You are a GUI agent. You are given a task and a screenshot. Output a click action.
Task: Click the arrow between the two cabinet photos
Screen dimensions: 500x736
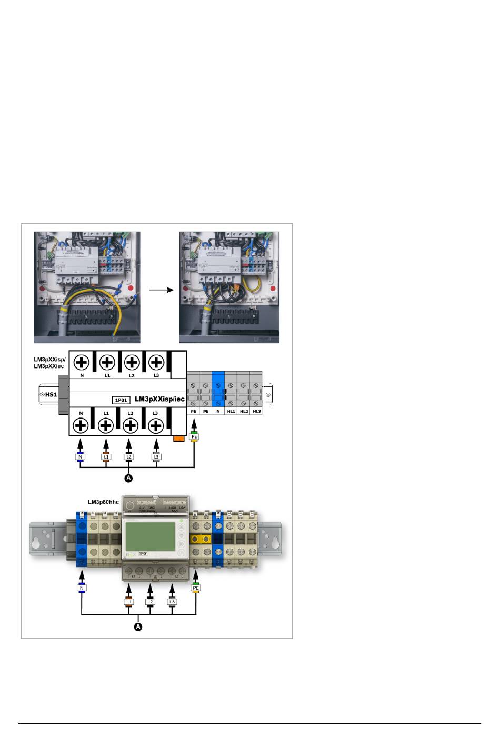click(161, 290)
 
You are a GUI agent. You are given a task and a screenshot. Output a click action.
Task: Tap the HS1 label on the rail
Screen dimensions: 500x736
click(50, 394)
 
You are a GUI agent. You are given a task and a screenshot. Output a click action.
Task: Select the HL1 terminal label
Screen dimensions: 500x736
click(231, 411)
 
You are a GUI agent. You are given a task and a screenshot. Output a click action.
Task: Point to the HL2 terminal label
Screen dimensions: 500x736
click(243, 411)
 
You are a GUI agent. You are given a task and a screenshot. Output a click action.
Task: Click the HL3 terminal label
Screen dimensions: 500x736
click(256, 411)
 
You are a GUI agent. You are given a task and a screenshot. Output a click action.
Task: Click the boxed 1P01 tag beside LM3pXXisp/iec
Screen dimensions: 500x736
click(122, 400)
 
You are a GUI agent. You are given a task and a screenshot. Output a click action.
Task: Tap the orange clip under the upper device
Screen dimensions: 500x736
click(177, 437)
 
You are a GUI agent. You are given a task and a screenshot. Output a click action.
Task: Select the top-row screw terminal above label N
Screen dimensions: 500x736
click(81, 362)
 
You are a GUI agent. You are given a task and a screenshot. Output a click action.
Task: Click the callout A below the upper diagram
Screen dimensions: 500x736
click(128, 478)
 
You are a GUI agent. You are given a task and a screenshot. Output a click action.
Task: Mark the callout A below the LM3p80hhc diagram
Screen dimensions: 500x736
click(138, 626)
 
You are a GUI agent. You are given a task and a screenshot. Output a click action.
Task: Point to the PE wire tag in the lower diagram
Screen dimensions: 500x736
click(196, 588)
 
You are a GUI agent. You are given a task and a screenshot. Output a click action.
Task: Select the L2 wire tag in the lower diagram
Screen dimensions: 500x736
click(150, 601)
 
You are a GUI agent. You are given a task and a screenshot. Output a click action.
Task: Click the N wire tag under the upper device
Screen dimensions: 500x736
click(81, 456)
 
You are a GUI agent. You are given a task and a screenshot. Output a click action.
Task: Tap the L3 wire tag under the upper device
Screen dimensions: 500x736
click(156, 456)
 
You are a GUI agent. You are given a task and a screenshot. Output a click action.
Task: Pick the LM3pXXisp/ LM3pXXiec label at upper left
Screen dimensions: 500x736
click(49, 362)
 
